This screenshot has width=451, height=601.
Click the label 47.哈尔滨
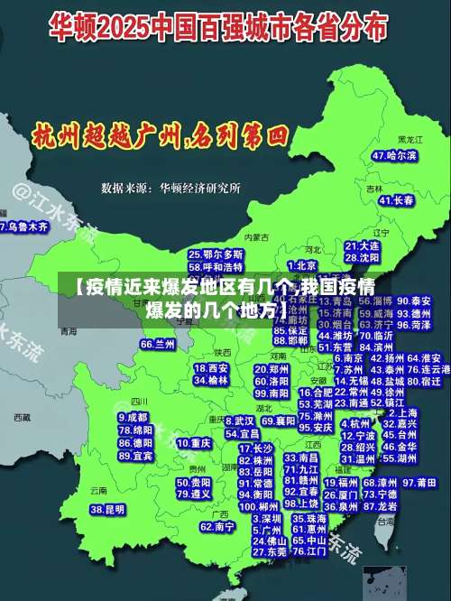[x=394, y=155]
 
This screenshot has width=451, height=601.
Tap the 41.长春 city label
[x=397, y=199]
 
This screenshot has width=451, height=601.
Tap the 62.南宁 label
[x=217, y=526]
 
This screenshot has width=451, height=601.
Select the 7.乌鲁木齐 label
[x=24, y=227]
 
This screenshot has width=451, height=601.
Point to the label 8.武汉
[x=237, y=421]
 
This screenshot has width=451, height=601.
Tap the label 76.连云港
[x=429, y=369]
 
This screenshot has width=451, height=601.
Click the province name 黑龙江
[x=410, y=140]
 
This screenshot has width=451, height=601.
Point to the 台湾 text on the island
[x=386, y=522]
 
